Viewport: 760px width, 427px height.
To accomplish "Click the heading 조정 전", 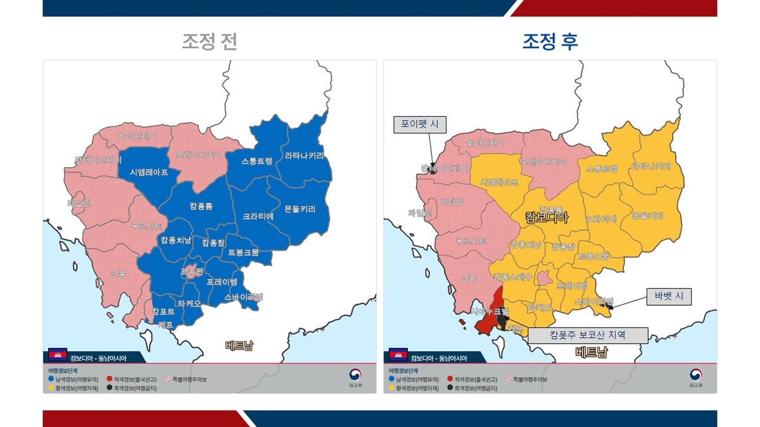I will [209, 42].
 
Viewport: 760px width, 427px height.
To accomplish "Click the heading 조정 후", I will [550, 42].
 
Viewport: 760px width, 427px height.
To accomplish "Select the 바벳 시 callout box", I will [668, 297].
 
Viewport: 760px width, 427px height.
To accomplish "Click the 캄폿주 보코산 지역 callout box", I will [588, 335].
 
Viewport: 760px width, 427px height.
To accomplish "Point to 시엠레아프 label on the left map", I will [149, 172].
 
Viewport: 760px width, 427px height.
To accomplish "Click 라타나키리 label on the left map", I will [304, 156].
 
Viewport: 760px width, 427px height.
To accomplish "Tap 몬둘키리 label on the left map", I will [300, 209].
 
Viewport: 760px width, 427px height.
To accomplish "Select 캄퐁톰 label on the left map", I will [201, 206].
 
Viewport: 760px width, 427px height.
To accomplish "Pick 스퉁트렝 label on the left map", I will [256, 161].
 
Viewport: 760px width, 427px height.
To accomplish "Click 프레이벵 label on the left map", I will [222, 282].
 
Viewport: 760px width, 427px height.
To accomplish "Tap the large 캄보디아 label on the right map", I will [547, 218].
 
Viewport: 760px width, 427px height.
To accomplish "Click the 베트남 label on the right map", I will [591, 352].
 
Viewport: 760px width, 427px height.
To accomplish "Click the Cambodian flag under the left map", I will [58, 354].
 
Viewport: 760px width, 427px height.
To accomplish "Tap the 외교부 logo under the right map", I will [698, 377].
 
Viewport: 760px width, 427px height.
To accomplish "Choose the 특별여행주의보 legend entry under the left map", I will [186, 380].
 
